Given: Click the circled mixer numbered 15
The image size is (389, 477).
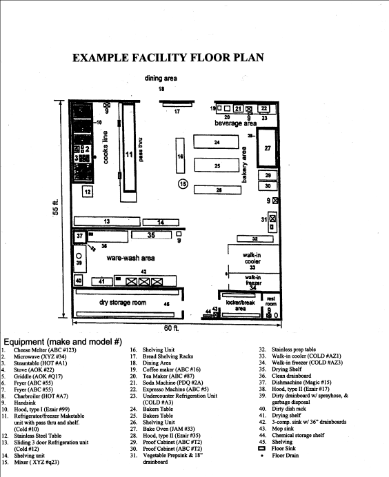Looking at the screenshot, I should [183, 183].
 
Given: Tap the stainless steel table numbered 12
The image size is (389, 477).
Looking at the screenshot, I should [88, 192].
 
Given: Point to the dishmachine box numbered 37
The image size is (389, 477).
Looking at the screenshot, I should [81, 236].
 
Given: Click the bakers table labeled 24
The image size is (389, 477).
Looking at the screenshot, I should [217, 143].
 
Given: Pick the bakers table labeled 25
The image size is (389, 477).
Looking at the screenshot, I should [217, 166].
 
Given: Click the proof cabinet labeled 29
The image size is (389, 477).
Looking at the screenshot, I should [268, 176].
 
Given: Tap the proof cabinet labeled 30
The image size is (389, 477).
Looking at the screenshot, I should [268, 186].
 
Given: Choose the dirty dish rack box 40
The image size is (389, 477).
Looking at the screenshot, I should [78, 281].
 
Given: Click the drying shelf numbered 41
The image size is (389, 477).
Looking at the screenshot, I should [101, 281].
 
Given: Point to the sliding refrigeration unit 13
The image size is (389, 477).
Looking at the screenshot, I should [106, 221].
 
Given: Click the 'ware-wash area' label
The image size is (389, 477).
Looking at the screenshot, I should [130, 258].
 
